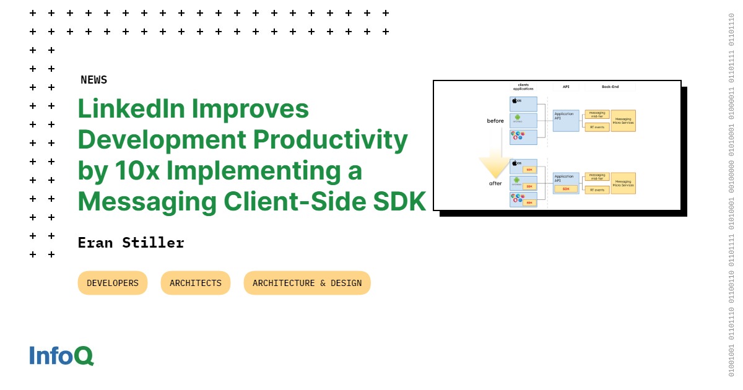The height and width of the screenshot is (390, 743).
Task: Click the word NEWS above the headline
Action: coord(93,80)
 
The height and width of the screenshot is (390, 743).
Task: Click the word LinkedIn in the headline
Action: coord(131,109)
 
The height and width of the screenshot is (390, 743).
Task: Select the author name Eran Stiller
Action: coord(131,243)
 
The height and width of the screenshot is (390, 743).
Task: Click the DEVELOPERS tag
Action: coord(113,283)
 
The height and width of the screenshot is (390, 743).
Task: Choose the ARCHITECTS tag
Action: coord(196,283)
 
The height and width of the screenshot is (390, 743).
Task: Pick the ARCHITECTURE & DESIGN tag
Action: coord(307,283)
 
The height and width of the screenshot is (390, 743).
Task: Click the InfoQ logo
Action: coord(61,355)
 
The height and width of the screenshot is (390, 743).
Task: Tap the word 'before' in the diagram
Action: coord(495,121)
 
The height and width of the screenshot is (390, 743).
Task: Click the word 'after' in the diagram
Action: coord(495,183)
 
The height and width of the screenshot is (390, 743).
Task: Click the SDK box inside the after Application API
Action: coord(566,189)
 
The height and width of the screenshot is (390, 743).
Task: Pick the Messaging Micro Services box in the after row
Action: coord(623,183)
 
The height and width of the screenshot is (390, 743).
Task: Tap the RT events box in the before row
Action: coord(597,127)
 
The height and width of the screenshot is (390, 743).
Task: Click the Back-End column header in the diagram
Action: coord(610,87)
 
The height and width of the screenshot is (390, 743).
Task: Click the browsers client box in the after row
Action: coord(523,199)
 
